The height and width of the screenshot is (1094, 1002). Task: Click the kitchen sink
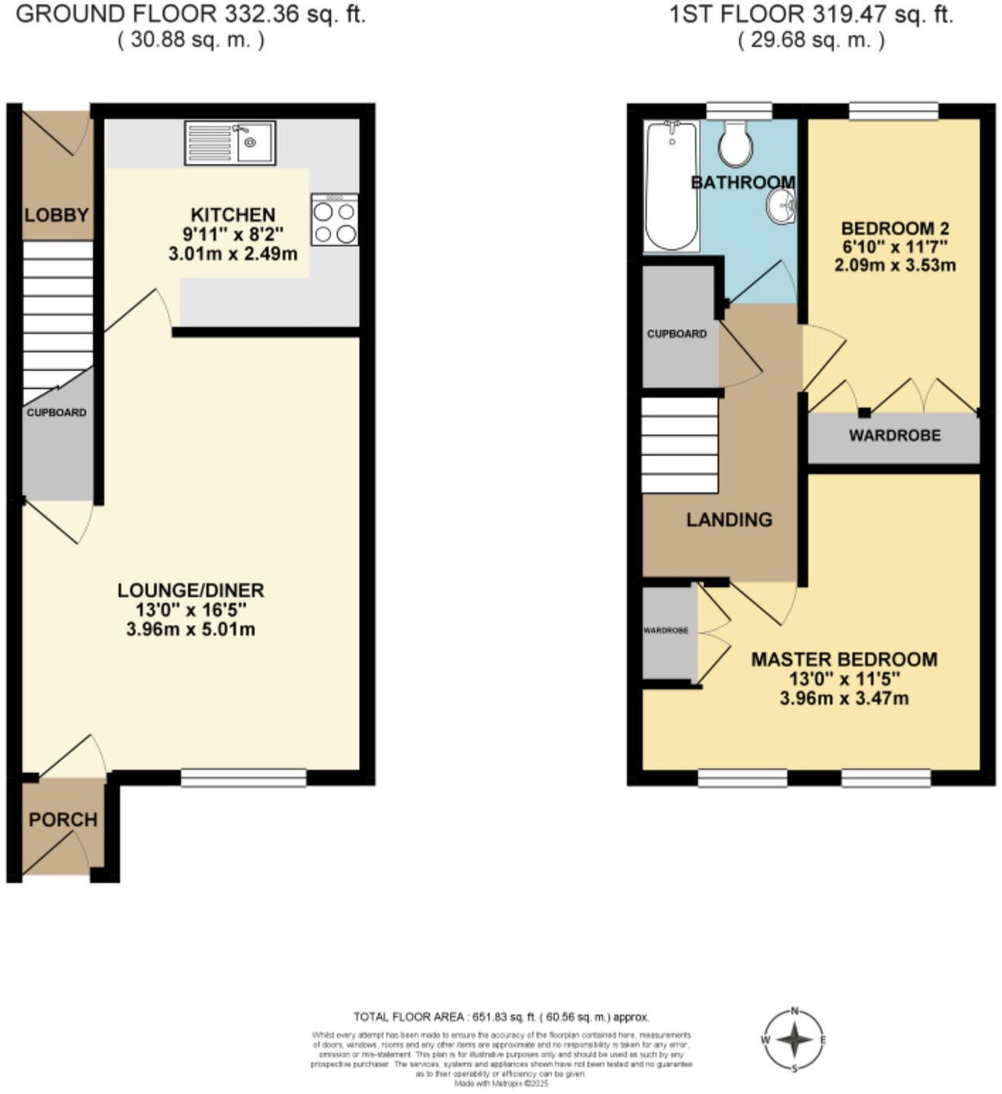pos(230,143)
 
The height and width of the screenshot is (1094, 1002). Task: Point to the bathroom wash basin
pos(781,207)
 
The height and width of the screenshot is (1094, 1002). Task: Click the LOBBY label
pos(57,215)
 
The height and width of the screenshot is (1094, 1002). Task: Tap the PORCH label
pos(63,820)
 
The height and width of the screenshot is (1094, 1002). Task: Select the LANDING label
pos(729,519)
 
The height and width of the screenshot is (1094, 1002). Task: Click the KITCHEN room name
pos(233,215)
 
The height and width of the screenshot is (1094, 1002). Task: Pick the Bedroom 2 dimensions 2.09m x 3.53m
pos(895,265)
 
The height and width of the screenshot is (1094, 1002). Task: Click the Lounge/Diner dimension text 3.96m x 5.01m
pos(191,629)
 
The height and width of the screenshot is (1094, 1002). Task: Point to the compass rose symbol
pos(794,1040)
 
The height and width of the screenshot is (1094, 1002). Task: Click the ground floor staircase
pos(57,318)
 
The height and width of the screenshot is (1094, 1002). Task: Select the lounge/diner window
pos(244,778)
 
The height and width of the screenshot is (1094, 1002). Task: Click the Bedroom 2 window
pos(893,111)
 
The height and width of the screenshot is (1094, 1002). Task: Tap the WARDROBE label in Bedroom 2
pos(894,436)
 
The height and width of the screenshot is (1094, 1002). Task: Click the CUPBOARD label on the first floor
pos(677,334)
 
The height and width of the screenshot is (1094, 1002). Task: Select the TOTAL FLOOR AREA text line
pos(501,1017)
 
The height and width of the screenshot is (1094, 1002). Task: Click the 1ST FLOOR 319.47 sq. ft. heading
pos(811,14)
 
